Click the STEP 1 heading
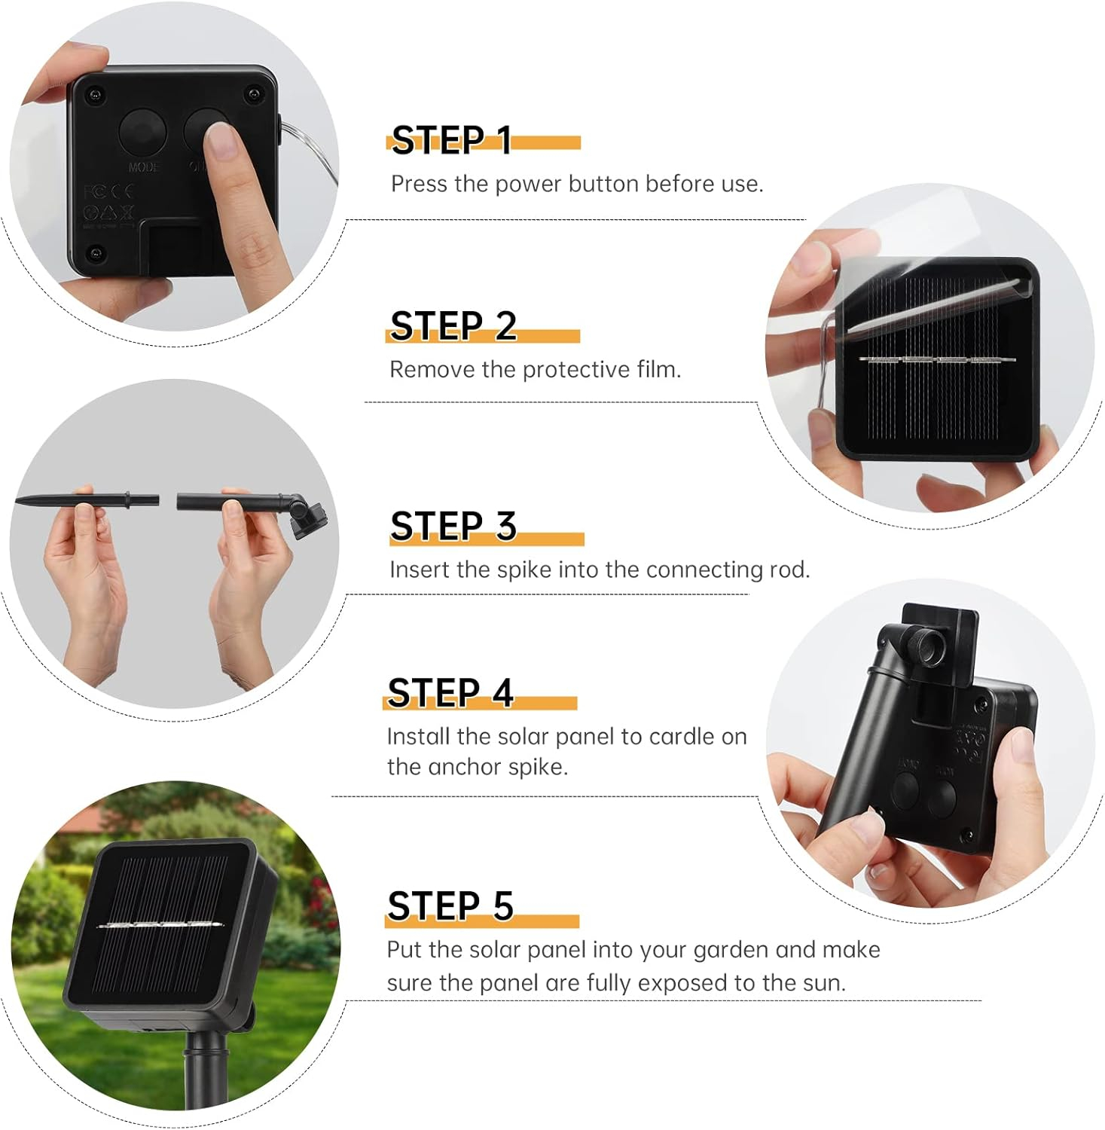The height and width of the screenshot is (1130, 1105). click(x=451, y=140)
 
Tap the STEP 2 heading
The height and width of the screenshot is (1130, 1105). click(x=453, y=325)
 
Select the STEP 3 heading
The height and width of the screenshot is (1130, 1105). click(x=453, y=526)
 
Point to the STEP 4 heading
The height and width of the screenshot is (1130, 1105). click(x=450, y=692)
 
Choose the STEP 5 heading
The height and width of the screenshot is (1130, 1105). click(x=450, y=906)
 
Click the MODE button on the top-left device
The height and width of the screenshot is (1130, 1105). click(x=143, y=134)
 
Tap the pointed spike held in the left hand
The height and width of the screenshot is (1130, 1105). click(x=87, y=499)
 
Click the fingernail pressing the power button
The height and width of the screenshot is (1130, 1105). click(x=221, y=141)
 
